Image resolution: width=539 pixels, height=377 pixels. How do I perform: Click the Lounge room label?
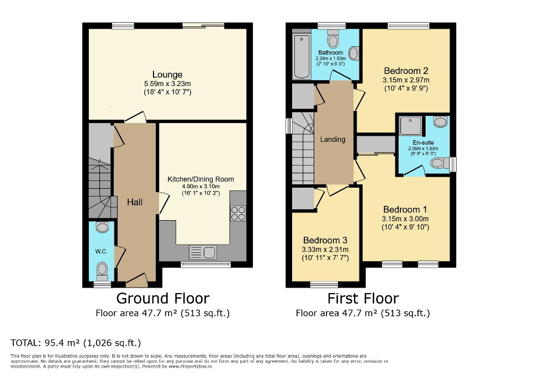coord(167,75)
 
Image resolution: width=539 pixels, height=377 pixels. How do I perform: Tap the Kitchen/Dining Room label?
coord(200,179)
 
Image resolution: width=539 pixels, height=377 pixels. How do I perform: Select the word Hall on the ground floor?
coord(135,202)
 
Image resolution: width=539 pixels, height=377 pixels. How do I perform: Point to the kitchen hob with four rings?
coord(239,213)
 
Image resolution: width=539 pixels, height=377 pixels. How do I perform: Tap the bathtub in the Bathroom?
coord(302,56)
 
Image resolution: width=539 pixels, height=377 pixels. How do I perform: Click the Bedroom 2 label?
coord(406,71)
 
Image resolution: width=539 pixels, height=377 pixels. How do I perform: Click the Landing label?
coord(332,139)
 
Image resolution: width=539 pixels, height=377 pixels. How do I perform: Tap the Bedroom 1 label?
coord(405,210)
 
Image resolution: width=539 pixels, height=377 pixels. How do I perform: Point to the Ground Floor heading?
coord(162,299)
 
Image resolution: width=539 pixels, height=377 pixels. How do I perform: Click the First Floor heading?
coord(363,299)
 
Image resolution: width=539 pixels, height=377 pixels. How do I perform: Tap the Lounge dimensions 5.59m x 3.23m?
coord(167,84)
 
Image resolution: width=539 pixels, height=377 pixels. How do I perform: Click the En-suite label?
coord(424,142)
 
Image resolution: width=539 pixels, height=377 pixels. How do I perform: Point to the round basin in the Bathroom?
coord(354,54)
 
